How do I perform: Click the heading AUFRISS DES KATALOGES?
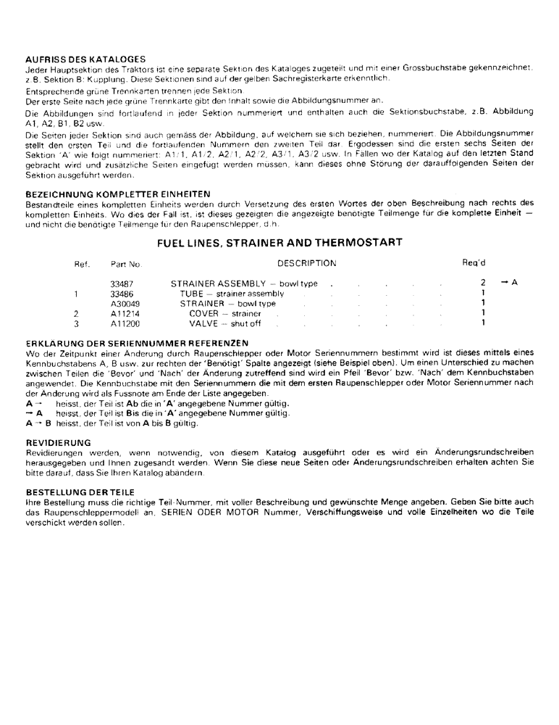[x=85, y=59]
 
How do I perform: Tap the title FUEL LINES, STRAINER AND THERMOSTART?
[x=279, y=243]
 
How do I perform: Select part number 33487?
[x=122, y=283]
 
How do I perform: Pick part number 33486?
[x=122, y=294]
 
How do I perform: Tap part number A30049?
[x=124, y=304]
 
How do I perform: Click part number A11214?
[x=124, y=313]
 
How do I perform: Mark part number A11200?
[x=124, y=323]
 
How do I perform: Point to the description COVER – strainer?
[x=224, y=313]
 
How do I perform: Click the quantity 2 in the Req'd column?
[x=482, y=283]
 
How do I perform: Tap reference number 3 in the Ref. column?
[x=76, y=323]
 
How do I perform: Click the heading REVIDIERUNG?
[x=57, y=442]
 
